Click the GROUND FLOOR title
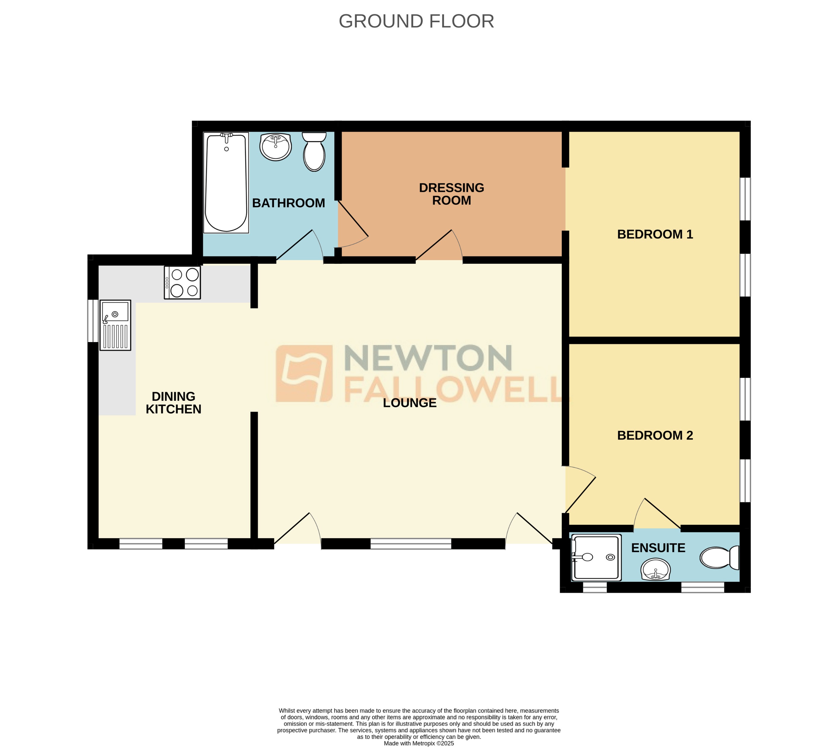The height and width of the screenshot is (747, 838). point(416,21)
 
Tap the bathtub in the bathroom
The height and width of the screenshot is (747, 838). point(226,183)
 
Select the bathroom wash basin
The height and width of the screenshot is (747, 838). point(276,147)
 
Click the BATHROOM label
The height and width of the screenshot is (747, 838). point(288,203)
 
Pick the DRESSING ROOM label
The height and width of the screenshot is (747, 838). point(451,194)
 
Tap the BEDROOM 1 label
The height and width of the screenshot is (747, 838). point(655,234)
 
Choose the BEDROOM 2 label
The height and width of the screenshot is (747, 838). point(655,435)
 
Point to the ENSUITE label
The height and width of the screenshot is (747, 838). point(658,548)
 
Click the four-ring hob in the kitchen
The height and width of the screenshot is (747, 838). point(182,282)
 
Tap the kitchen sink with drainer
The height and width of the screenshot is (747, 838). point(115,325)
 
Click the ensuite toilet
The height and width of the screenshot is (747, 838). point(720,558)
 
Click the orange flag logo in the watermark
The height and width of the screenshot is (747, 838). point(304,373)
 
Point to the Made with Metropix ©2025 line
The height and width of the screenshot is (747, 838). point(419,743)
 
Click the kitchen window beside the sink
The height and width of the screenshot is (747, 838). point(93,321)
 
